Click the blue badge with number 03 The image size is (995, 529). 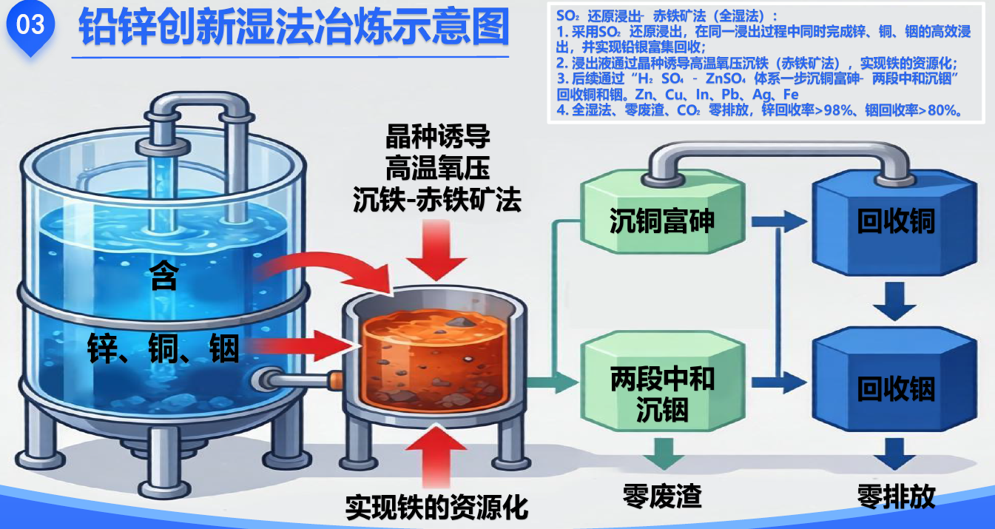[x=30, y=27]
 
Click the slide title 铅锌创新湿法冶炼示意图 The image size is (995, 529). [x=294, y=27]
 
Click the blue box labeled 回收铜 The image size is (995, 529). [x=895, y=221]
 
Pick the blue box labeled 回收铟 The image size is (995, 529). [x=895, y=389]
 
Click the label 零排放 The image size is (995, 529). [x=896, y=496]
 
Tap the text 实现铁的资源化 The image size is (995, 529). [x=437, y=507]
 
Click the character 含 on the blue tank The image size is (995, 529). [x=164, y=277]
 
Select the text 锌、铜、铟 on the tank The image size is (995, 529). [x=163, y=348]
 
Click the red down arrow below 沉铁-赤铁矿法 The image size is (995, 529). [x=441, y=253]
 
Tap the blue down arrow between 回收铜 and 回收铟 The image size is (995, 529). [x=895, y=302]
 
